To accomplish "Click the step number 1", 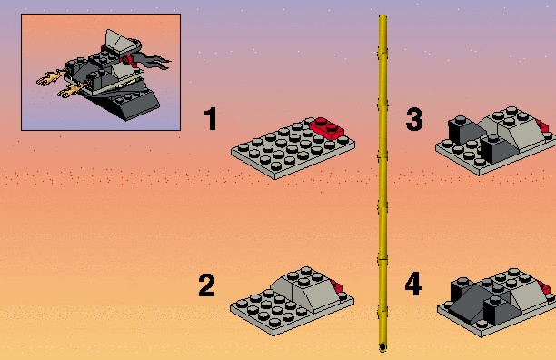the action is point(211,118).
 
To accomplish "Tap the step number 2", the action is point(206,285).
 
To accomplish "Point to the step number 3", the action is point(414,119).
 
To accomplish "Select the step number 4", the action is point(413,284).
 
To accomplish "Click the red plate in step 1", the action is point(326,128).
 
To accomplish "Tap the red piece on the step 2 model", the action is point(337,286).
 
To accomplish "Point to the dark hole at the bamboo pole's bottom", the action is point(382,347).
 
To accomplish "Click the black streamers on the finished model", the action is point(153,62).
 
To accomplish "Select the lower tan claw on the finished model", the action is point(71,90).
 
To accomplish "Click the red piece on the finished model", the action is point(127,60).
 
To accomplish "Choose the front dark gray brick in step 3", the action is point(500,149).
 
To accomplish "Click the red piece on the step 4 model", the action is point(544,287).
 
